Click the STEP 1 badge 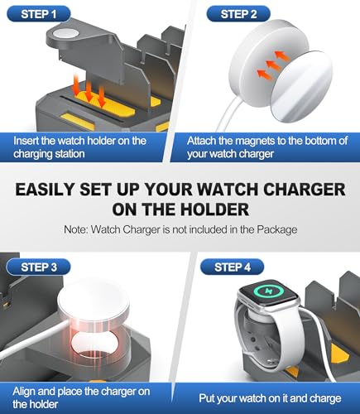click(39, 14)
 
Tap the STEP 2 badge click(238, 14)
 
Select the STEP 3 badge click(39, 267)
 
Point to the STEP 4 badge click(233, 267)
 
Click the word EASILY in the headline click(45, 190)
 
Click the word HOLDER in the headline click(214, 209)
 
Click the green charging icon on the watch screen click(267, 291)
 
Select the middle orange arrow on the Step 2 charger click(274, 64)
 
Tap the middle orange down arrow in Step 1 click(89, 91)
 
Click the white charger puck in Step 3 click(94, 304)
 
